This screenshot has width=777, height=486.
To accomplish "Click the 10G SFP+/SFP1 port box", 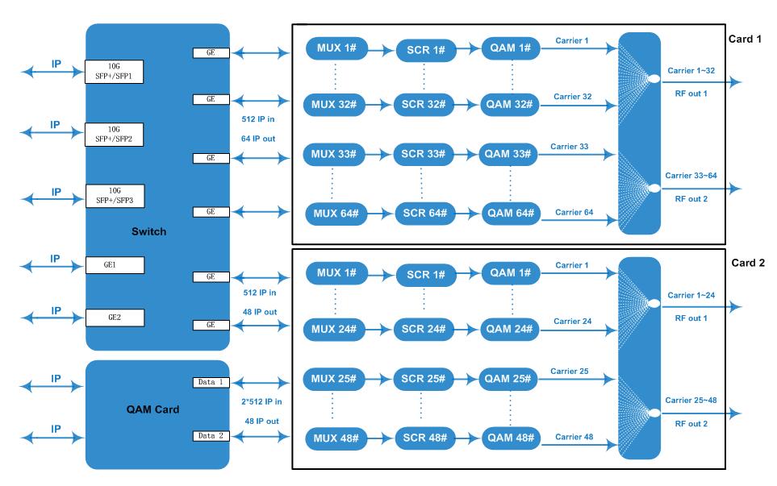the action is (x=114, y=71).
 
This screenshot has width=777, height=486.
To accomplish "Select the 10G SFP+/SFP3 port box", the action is (x=115, y=196).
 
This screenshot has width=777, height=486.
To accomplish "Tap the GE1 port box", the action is (x=115, y=265).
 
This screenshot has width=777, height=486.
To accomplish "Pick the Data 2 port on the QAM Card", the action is (x=211, y=436).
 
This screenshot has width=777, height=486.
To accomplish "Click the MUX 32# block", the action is (x=334, y=105).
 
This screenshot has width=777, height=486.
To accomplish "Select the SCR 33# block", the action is (x=423, y=155).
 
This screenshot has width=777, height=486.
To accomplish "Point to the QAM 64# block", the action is (x=511, y=214).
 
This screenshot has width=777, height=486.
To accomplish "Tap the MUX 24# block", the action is (x=334, y=329).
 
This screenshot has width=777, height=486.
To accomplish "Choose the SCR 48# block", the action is (x=424, y=438).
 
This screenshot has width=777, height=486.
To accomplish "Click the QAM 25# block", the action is (x=508, y=379).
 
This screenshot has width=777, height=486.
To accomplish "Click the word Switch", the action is (x=148, y=231).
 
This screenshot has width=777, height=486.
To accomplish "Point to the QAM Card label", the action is (x=152, y=409).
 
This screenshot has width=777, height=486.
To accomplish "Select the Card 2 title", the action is (x=748, y=263).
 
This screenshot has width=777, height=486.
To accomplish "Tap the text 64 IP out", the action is (x=257, y=139).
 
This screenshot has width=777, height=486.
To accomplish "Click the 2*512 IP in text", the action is (x=261, y=401).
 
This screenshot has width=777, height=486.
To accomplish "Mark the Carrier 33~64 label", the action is (x=691, y=175).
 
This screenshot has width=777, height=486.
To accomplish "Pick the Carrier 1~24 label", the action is (x=691, y=295).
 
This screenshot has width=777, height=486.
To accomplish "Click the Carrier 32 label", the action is (x=572, y=97).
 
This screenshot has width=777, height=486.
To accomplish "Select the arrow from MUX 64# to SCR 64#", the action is (x=380, y=214).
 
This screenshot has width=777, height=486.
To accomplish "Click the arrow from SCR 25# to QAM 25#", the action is (x=466, y=380).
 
